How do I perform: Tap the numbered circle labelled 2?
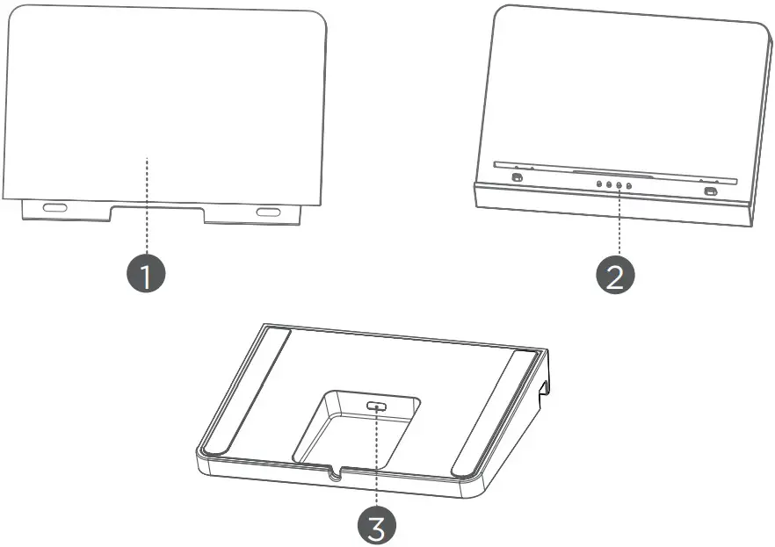tap(616, 276)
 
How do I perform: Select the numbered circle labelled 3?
tap(375, 526)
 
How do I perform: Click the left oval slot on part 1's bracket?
tap(54, 209)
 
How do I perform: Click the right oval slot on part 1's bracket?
tap(268, 212)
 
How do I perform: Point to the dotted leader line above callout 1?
tap(147, 211)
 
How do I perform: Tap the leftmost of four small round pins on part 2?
tap(599, 184)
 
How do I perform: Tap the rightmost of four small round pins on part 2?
tap(629, 186)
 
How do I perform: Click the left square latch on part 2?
tap(517, 179)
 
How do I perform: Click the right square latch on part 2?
tap(710, 191)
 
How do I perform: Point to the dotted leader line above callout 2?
tap(619, 224)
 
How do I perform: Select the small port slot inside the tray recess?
tap(378, 407)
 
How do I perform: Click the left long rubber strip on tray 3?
tap(246, 386)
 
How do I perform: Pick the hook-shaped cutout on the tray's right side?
tap(544, 385)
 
